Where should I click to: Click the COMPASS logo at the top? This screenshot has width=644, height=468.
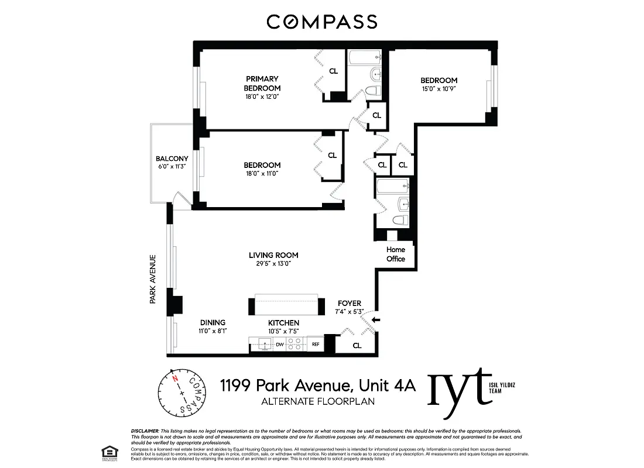tap(321, 22)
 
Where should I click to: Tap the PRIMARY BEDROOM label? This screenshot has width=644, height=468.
tap(262, 83)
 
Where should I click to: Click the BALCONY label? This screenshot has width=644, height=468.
tap(172, 159)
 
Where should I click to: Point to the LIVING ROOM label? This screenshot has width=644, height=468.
tap(273, 255)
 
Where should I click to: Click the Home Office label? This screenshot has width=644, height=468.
tap(396, 254)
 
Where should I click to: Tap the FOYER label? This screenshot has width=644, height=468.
tap(350, 303)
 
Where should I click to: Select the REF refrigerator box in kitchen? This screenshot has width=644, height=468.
tap(315, 345)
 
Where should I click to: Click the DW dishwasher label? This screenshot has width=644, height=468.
tap(280, 345)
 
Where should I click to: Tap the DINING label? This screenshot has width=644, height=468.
tap(213, 322)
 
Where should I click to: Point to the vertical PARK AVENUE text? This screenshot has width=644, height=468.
tap(152, 278)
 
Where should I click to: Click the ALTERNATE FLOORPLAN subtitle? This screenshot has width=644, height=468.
tap(317, 401)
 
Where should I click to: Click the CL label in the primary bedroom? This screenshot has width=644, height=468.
tap(333, 71)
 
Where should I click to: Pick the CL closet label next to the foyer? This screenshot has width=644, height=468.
tap(357, 346)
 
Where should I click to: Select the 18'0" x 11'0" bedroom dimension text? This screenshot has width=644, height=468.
tap(262, 174)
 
